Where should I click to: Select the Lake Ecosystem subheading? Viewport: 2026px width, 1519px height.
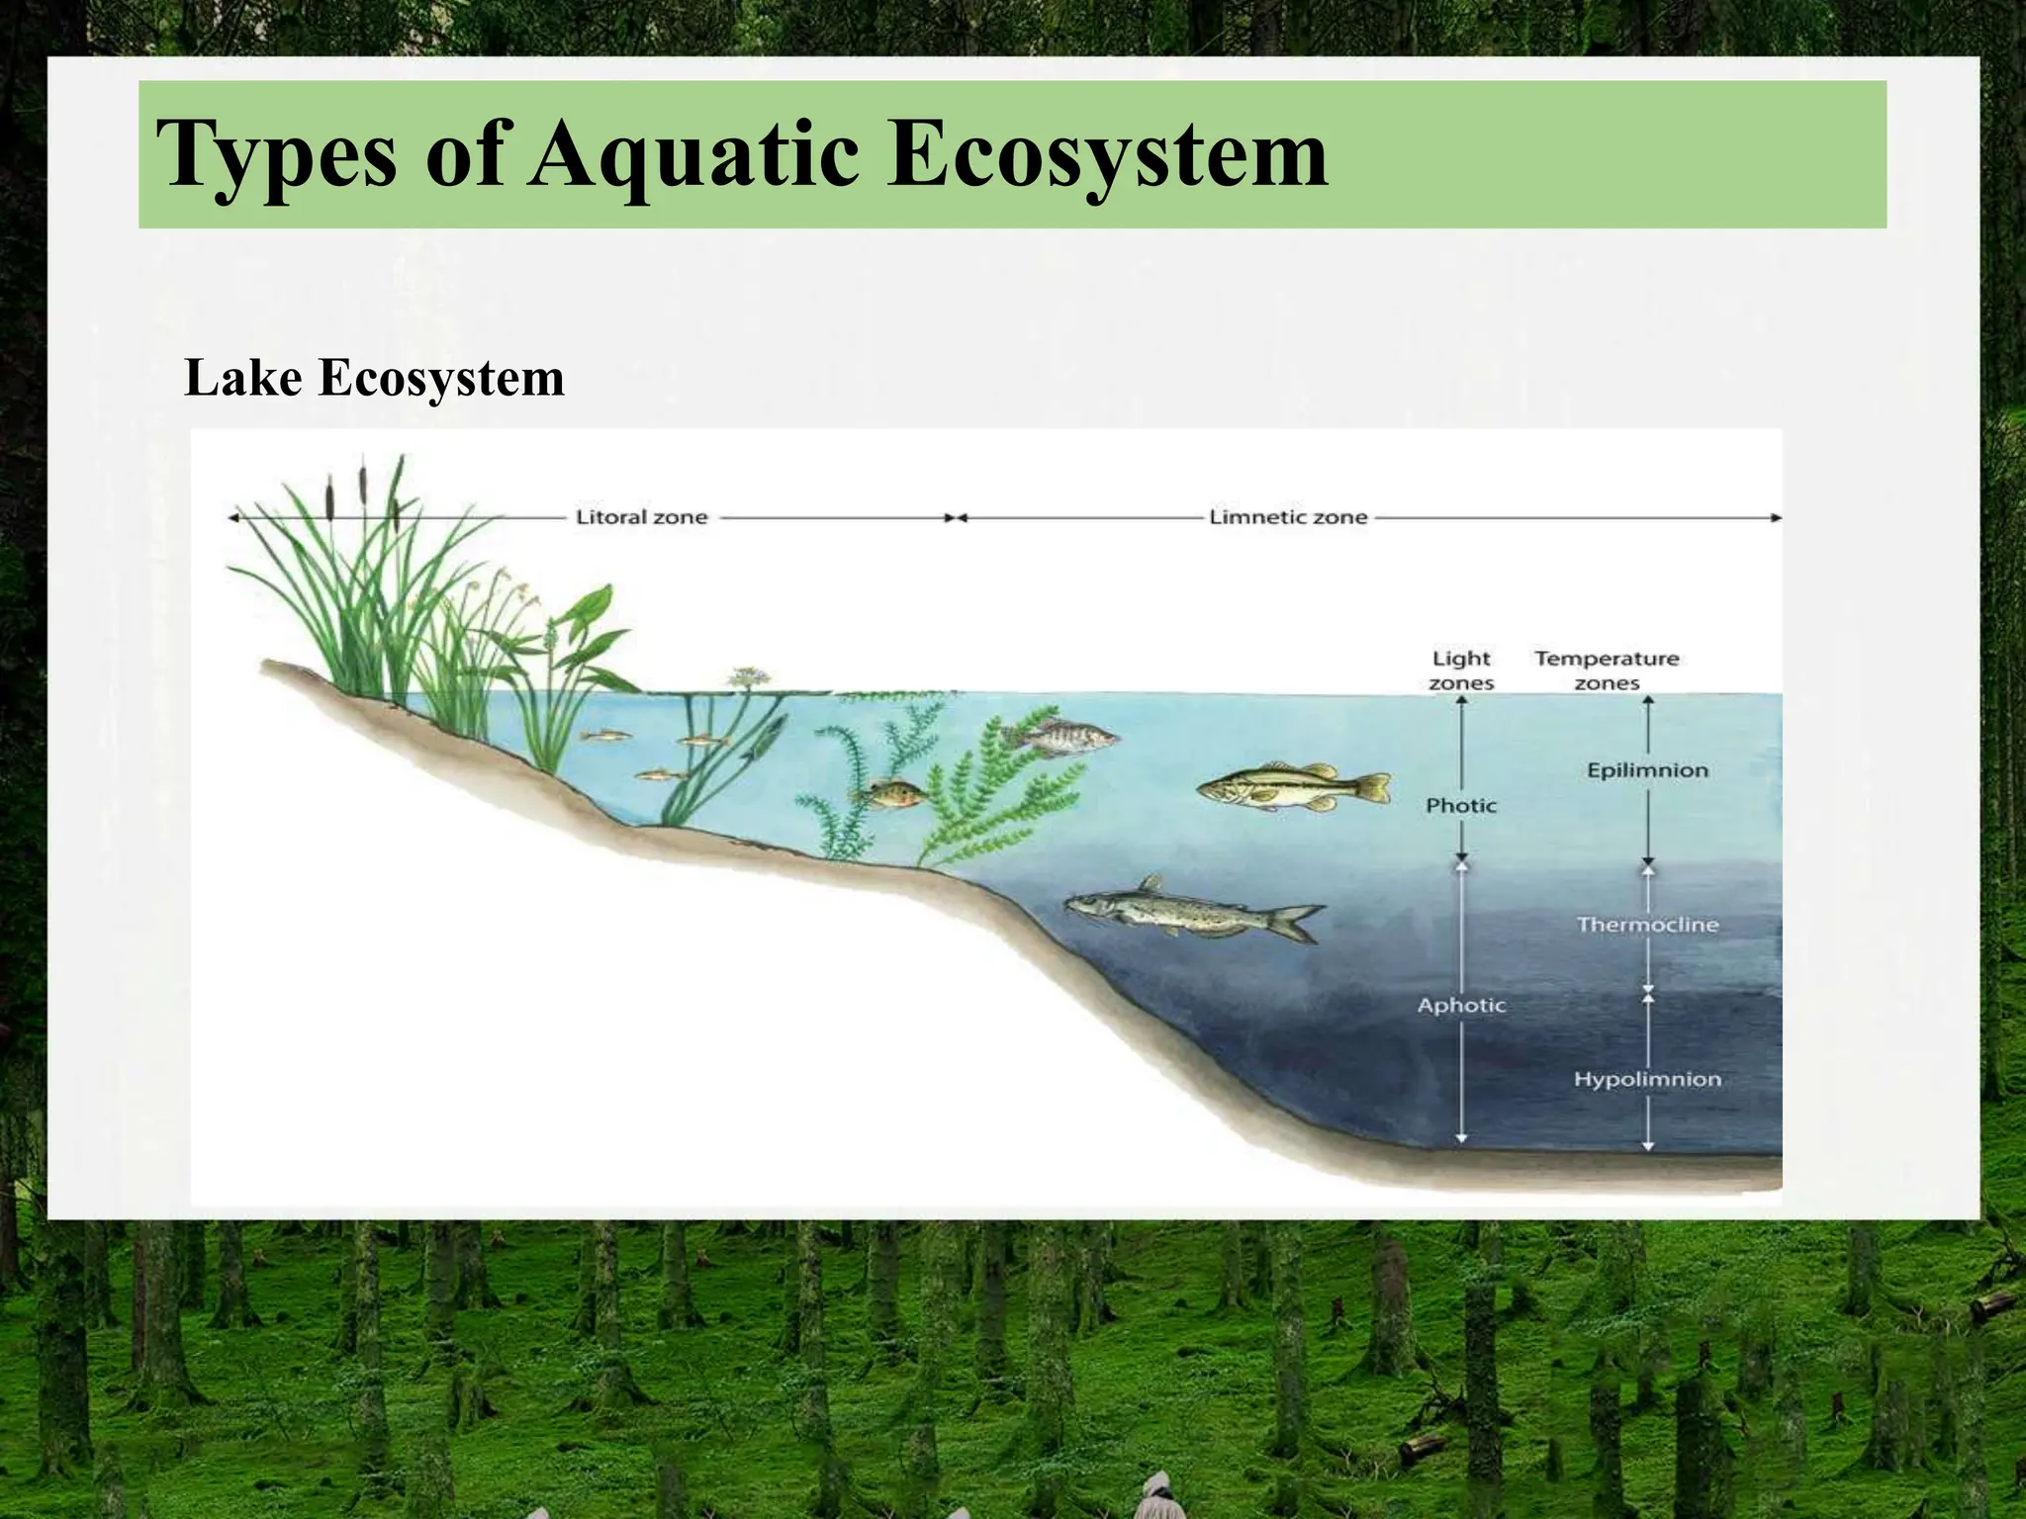click(374, 378)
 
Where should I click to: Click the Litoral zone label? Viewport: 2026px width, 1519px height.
click(642, 517)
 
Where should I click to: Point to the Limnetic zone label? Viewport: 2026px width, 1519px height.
click(1288, 517)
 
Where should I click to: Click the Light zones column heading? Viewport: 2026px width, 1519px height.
click(1461, 670)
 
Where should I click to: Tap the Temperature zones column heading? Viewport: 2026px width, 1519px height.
click(1607, 670)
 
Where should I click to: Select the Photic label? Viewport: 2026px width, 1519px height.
click(1461, 806)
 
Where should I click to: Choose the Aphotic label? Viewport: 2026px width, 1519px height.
click(1461, 1006)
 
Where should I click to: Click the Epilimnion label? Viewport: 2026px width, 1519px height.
click(1647, 770)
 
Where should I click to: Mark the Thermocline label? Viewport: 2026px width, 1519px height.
click(1647, 925)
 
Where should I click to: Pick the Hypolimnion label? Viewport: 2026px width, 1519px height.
click(1647, 1079)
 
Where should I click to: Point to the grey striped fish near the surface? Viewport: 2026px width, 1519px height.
click(1059, 736)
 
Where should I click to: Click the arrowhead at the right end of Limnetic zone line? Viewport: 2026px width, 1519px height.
click(1776, 517)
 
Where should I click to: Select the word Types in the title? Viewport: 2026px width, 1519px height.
click(277, 156)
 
